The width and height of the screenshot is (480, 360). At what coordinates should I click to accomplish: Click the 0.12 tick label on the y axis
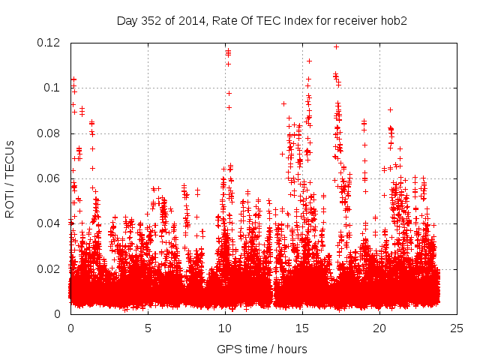pos(49,43)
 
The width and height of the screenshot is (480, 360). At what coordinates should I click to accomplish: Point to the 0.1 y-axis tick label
pos(53,88)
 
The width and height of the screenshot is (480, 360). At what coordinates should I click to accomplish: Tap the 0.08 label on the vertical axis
pos(49,133)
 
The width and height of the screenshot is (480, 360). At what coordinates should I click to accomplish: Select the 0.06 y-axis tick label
pos(49,178)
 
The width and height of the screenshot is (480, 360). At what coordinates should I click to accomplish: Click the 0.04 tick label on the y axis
pos(49,223)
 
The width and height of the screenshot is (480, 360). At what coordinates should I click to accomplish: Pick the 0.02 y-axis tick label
pos(49,268)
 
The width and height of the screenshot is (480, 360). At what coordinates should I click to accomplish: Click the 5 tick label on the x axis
pos(148,328)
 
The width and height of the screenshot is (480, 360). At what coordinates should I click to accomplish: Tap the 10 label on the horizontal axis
pos(225,328)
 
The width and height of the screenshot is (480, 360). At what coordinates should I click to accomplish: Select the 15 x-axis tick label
pos(302,328)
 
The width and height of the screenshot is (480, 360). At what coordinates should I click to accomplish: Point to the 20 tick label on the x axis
pos(379,328)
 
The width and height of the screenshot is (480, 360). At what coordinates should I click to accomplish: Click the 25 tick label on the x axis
pos(457,328)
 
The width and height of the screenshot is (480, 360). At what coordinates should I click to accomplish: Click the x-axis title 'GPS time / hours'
pos(262,349)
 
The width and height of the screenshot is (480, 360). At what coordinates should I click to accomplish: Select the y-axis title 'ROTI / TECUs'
pos(10,178)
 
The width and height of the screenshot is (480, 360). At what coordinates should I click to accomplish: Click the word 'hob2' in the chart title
pos(393,20)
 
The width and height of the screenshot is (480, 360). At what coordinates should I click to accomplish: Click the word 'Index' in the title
pos(289,20)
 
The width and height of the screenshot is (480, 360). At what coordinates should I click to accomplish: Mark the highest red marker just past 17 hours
pos(336,46)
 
